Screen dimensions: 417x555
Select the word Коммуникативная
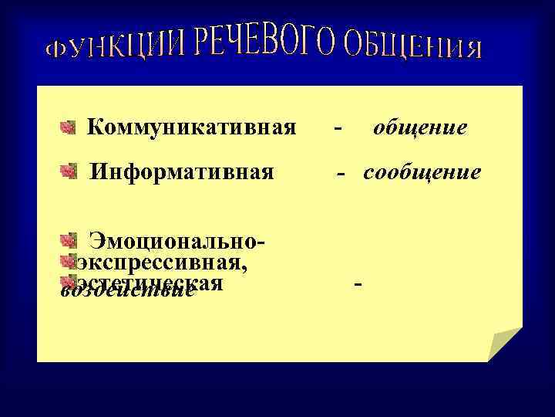click(x=191, y=126)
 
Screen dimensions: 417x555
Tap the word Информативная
click(x=182, y=171)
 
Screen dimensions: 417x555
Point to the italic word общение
click(x=420, y=127)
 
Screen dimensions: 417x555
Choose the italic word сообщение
click(x=422, y=171)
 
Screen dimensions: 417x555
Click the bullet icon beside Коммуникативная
click(x=68, y=126)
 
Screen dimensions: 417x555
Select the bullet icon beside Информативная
click(x=68, y=170)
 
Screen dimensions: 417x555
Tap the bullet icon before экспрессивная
click(x=69, y=261)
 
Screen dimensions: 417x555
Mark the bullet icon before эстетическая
click(x=69, y=280)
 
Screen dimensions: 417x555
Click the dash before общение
click(x=339, y=127)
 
